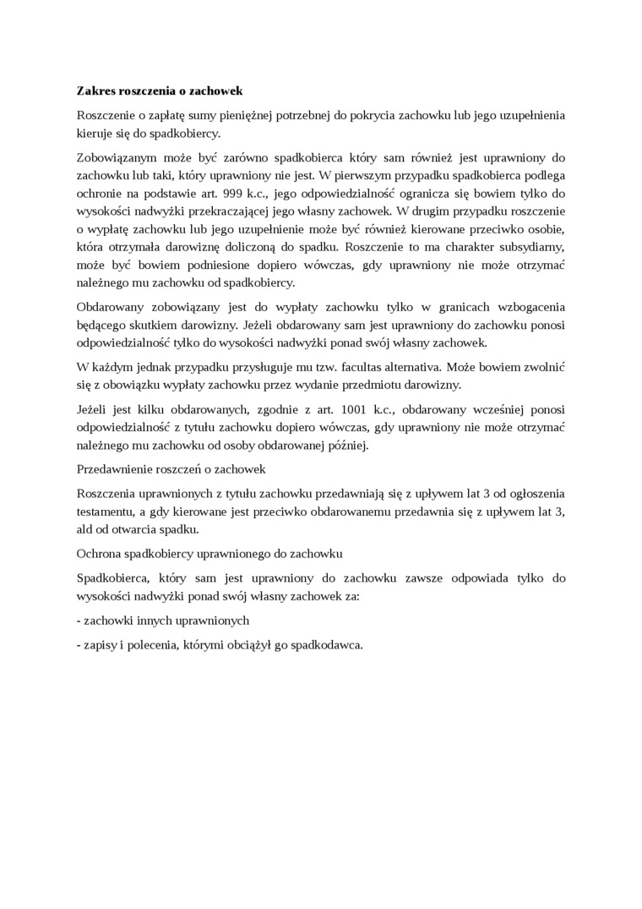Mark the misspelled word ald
point(86,530)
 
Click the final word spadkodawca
point(326,643)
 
